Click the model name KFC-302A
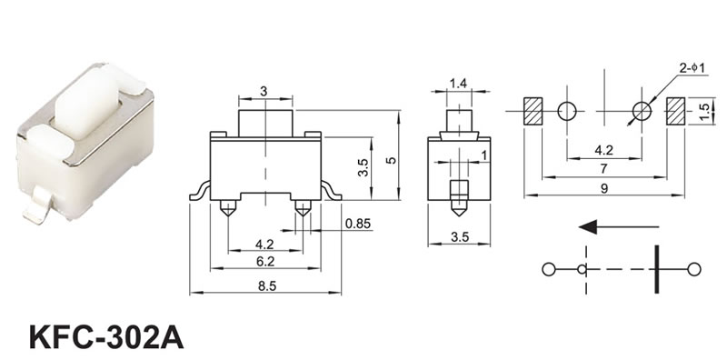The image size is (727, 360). (106, 337)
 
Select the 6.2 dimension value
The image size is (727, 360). (265, 262)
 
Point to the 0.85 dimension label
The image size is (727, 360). (358, 224)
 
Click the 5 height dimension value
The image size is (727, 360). (392, 160)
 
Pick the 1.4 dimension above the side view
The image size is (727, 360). (458, 84)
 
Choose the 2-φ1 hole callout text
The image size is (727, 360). (692, 68)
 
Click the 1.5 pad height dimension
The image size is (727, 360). (705, 112)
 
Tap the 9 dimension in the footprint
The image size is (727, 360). (603, 188)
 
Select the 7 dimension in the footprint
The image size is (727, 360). (603, 169)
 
